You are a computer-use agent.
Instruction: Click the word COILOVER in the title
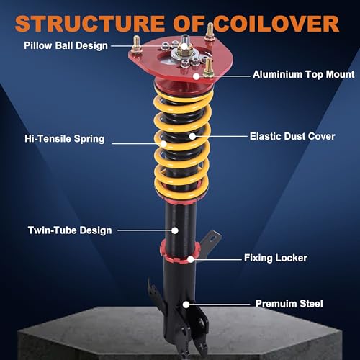(276, 24)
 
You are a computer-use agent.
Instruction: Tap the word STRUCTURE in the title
(90, 24)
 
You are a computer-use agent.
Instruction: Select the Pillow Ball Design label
(66, 45)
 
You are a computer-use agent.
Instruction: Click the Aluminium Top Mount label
(304, 74)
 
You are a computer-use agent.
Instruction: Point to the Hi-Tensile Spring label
(65, 139)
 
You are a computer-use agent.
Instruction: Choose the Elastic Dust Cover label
(292, 136)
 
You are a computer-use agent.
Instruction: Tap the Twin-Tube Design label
(70, 230)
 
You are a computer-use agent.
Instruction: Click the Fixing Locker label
(276, 258)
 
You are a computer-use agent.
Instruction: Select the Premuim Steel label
(289, 304)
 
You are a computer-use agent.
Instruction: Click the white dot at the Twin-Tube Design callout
(175, 230)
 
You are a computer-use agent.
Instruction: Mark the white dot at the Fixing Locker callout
(191, 259)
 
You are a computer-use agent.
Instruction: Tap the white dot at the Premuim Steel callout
(186, 305)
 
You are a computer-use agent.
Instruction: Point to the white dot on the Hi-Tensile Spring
(163, 144)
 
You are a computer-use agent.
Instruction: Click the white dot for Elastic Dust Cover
(192, 136)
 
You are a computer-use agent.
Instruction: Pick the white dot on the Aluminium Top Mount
(197, 76)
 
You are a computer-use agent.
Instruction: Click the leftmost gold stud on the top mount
(136, 44)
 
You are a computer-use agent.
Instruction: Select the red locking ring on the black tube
(179, 252)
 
